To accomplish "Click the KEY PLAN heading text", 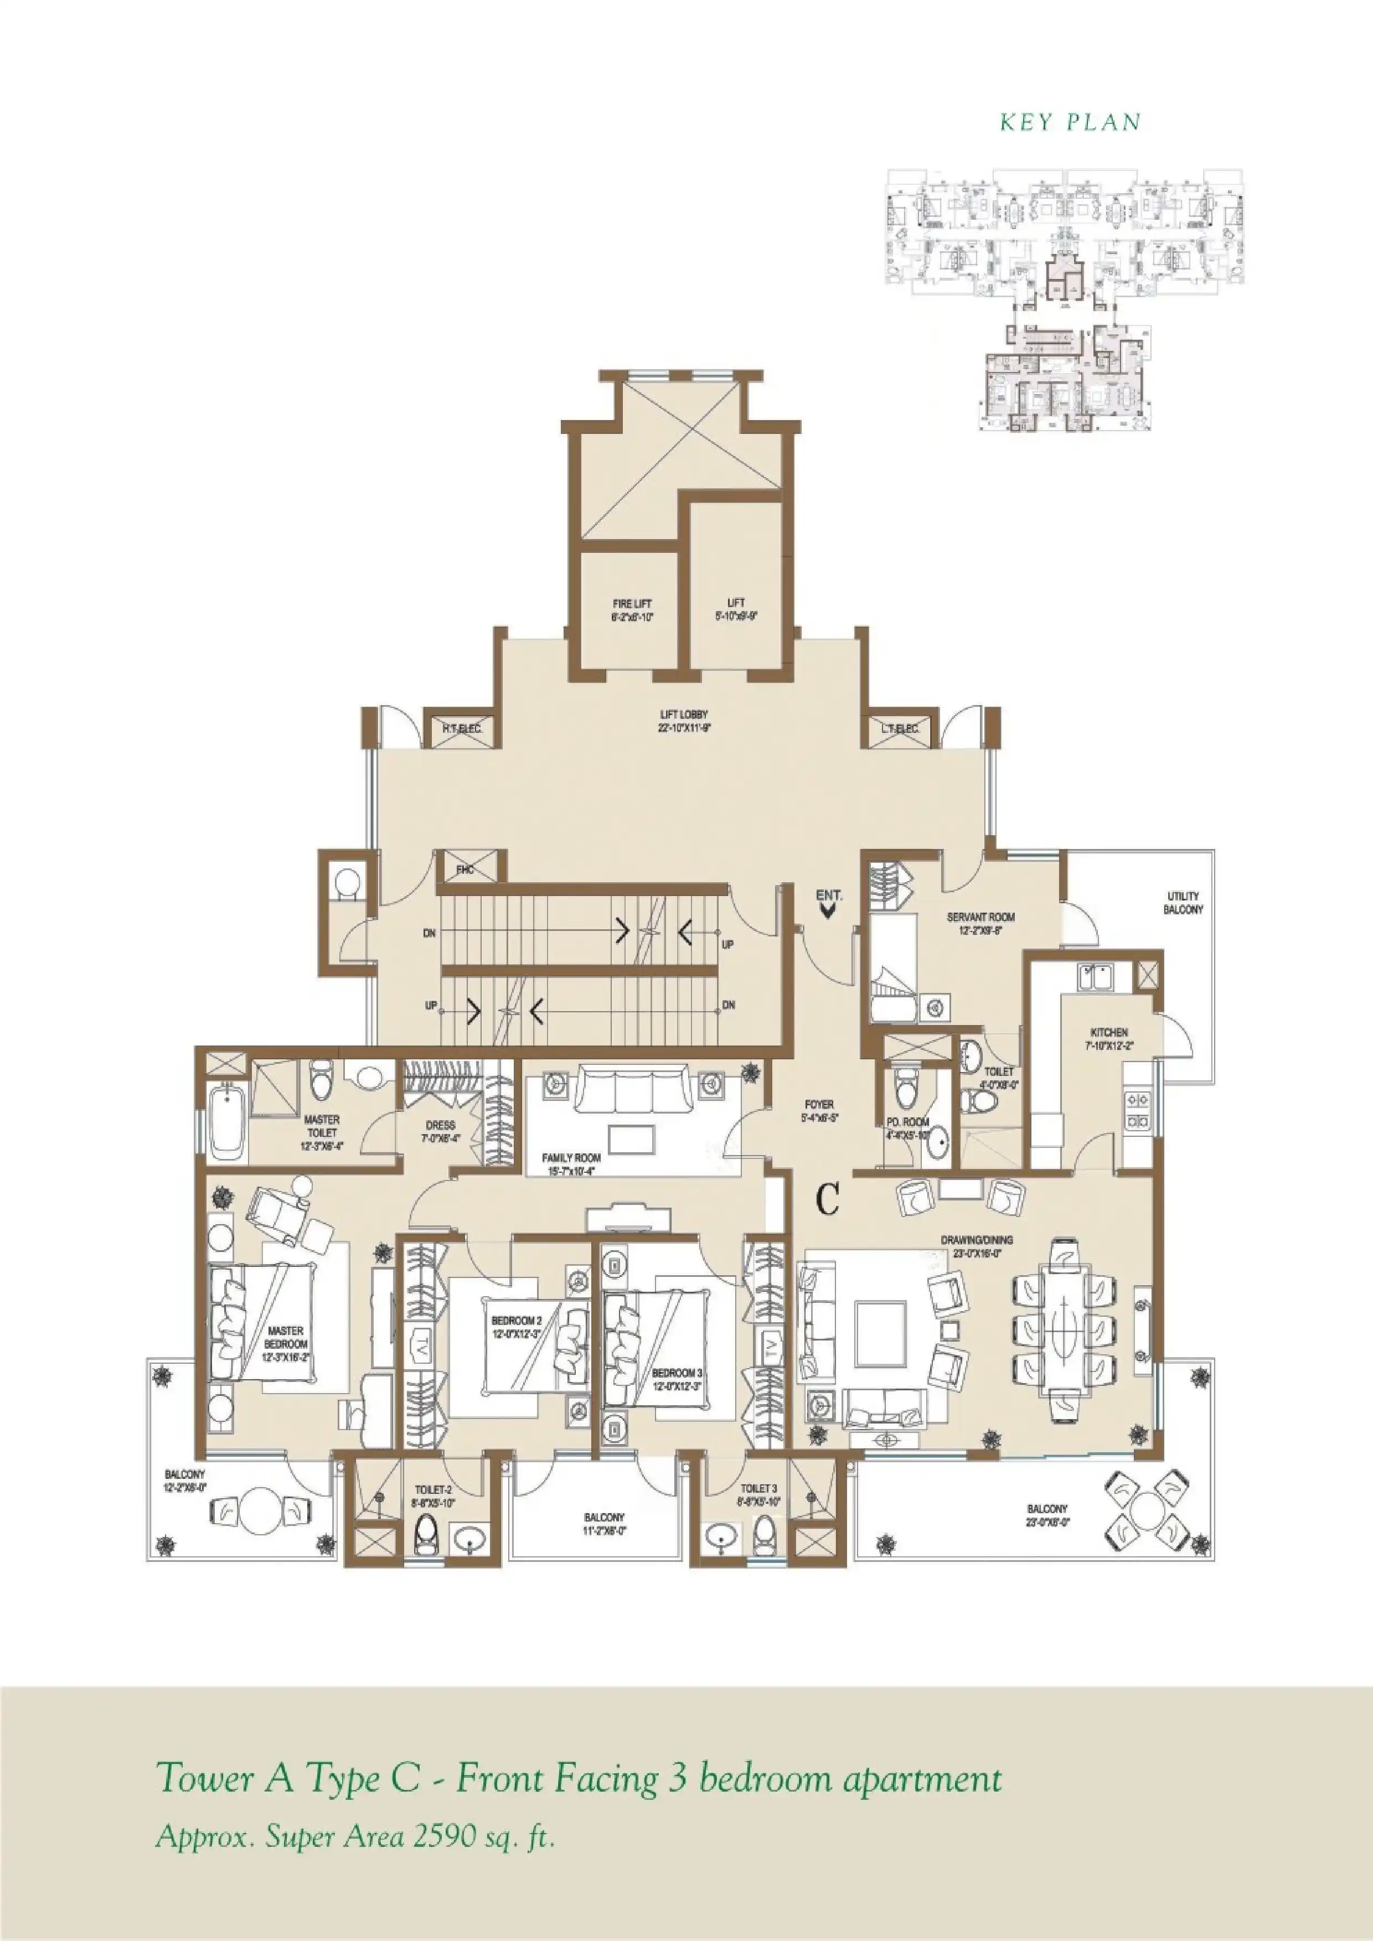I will [1070, 122].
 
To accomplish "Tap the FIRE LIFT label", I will [632, 610].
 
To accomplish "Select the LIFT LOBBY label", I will [684, 720].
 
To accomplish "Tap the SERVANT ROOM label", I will [980, 923].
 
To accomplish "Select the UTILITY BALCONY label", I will [1182, 903].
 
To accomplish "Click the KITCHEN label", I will [1108, 1039].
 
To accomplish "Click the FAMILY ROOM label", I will [571, 1163].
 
